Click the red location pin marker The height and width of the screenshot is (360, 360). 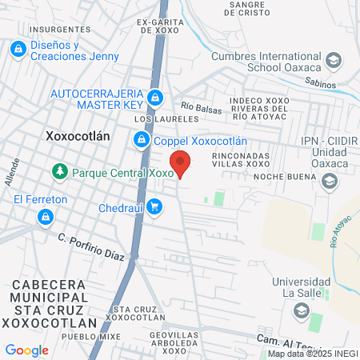(182, 163)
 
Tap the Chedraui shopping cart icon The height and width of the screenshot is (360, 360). (155, 208)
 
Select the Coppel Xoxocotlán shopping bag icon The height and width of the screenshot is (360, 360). (142, 140)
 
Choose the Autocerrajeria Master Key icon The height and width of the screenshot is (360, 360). (155, 99)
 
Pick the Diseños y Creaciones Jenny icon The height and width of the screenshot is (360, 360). (17, 50)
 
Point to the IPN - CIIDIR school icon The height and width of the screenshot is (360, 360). (329, 182)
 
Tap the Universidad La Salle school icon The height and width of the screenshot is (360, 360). (301, 310)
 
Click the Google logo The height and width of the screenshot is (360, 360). (26, 350)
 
